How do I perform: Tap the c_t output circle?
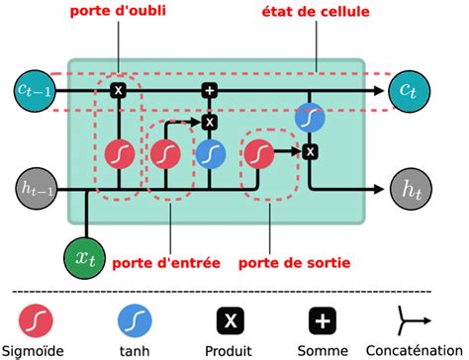tap(408, 91)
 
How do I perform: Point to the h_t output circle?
tap(408, 186)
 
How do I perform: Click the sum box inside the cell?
tap(210, 91)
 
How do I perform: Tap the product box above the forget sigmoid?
tap(118, 91)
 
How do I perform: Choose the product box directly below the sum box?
tap(210, 122)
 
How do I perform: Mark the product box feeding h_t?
tap(310, 151)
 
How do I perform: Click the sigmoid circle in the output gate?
tap(258, 153)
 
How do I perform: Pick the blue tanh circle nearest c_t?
tap(310, 117)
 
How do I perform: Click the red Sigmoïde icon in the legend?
tap(37, 321)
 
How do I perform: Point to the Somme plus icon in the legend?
tap(326, 321)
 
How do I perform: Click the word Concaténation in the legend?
tap(416, 351)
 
